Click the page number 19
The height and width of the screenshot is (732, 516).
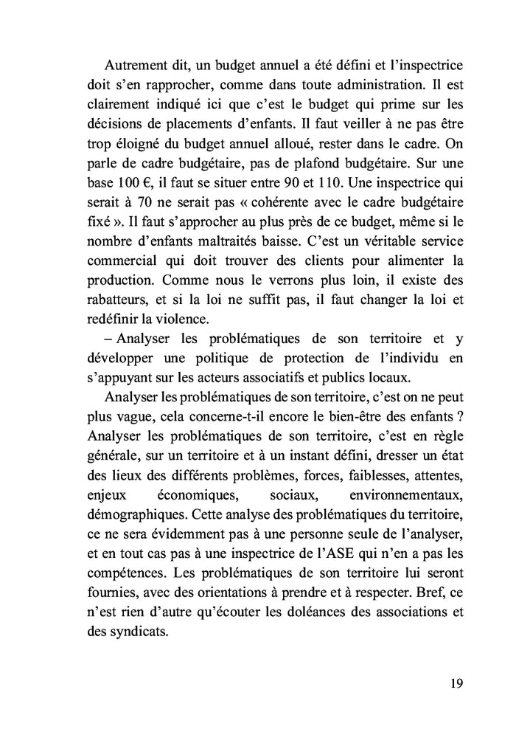(455, 683)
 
